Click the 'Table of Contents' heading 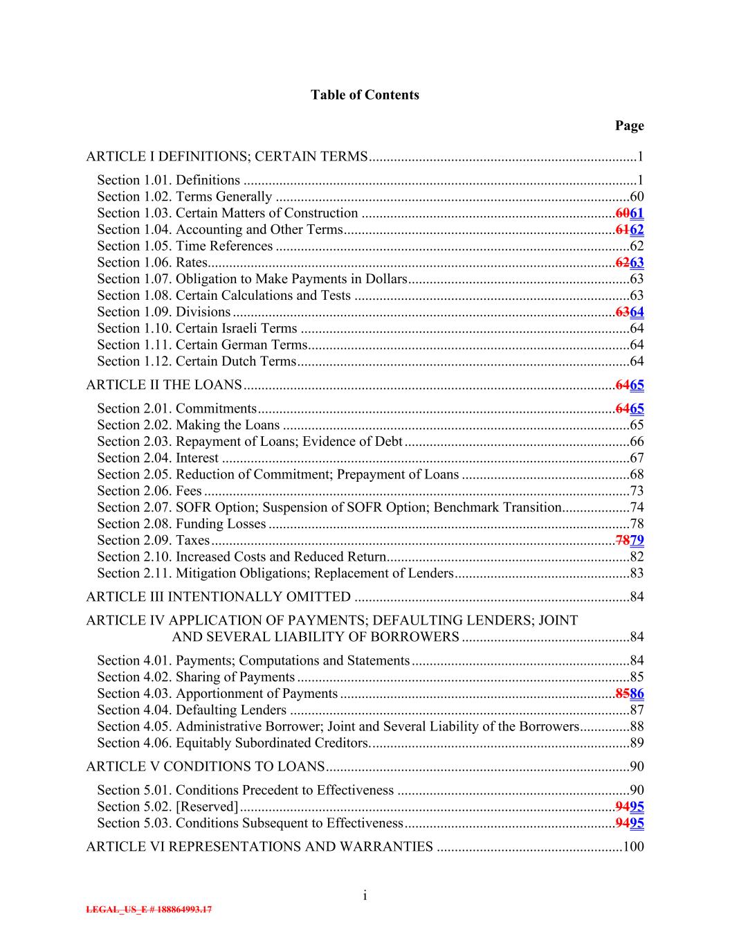coord(365,95)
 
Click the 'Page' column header coord(629,125)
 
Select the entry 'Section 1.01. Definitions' coord(168,180)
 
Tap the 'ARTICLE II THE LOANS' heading coord(164,385)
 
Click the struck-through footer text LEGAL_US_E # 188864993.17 coord(149,910)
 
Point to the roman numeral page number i coord(365,896)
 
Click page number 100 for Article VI coord(634,846)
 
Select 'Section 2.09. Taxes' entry coord(153,540)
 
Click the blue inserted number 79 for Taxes coord(637,540)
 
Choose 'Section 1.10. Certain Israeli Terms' coord(197,328)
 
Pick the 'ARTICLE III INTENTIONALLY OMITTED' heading coord(218,597)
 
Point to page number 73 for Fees coord(637,491)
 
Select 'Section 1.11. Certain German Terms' coord(201,345)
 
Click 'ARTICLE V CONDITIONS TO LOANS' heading coord(205,766)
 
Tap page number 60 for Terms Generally coord(637,197)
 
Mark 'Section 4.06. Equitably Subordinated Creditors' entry coord(232,743)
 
